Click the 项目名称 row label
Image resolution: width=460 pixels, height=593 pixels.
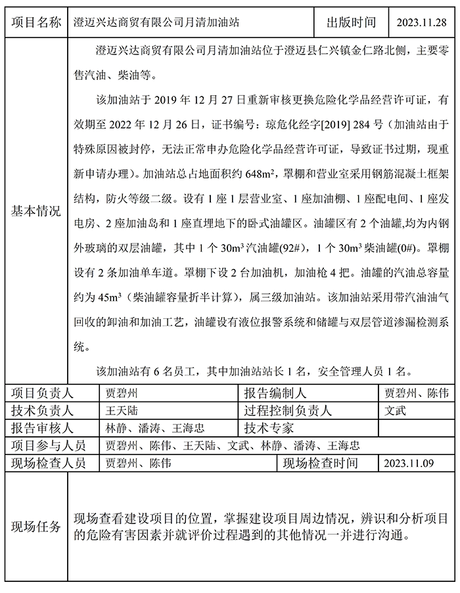pos(37,22)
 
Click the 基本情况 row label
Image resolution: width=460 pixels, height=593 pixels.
pos(37,211)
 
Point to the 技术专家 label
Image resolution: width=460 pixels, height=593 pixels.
pos(269,428)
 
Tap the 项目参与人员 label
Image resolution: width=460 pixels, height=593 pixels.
pos(48,445)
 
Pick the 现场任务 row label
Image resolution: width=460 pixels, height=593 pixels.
pos(37,527)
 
